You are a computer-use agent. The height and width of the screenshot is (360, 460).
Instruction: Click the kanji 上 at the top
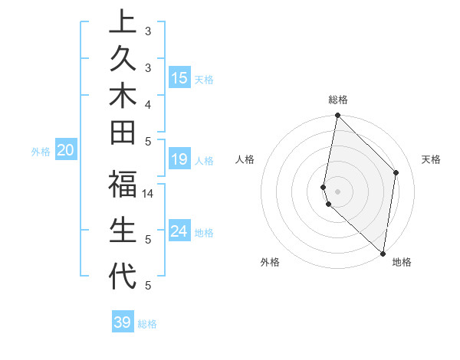tap(123, 22)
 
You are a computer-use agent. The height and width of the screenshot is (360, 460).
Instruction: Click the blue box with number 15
tap(179, 78)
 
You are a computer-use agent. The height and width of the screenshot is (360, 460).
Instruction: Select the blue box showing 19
tap(179, 159)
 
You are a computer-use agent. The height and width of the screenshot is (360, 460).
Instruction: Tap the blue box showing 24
tap(179, 231)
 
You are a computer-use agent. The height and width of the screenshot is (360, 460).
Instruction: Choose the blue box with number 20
tap(65, 151)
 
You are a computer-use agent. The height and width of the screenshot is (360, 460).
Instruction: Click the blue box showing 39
tap(123, 322)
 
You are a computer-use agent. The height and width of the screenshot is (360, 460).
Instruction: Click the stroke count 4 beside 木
tap(148, 104)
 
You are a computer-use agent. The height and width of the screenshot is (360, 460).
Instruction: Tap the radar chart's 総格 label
tap(338, 100)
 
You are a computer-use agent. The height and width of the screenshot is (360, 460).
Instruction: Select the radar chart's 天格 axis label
tap(431, 159)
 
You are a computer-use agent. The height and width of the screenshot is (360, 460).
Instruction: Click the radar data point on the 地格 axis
tap(383, 254)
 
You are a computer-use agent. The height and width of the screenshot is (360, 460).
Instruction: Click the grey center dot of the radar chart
tap(338, 190)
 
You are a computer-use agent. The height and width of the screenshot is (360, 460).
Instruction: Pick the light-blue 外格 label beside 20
tap(41, 152)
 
